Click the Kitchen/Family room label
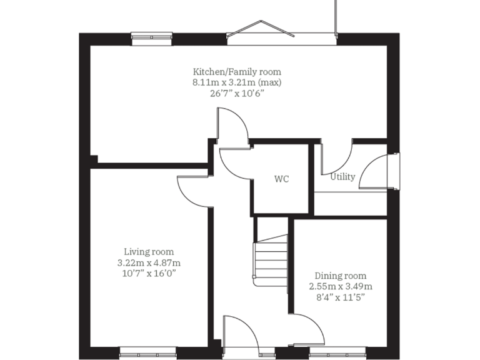point(236,71)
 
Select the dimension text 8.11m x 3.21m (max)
point(236,82)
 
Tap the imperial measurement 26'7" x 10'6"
point(236,93)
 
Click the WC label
point(282,179)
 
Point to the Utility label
point(342,177)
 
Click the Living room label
point(149,252)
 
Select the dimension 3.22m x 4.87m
point(149,262)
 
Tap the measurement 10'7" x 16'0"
point(149,274)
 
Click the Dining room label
point(341,276)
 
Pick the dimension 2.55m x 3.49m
point(341,286)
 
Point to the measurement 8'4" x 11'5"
point(341,297)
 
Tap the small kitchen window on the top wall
point(152,38)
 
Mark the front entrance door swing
point(240,331)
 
